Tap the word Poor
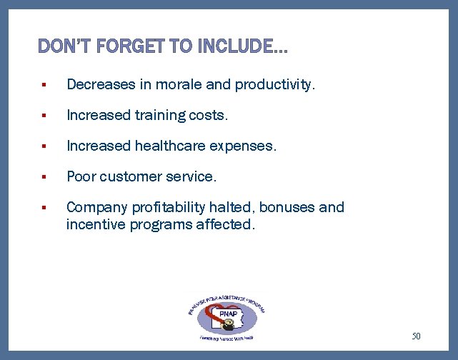pyautogui.click(x=81, y=176)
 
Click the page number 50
pyautogui.click(x=417, y=335)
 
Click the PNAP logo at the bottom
pyautogui.click(x=223, y=314)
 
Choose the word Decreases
pyautogui.click(x=100, y=84)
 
